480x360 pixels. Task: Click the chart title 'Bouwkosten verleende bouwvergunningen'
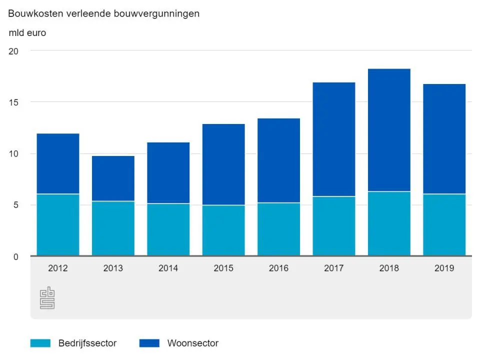point(103,14)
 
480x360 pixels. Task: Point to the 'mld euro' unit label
point(27,33)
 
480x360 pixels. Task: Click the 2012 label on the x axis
point(58,268)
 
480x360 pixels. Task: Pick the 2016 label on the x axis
point(278,268)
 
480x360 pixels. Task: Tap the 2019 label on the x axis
point(444,268)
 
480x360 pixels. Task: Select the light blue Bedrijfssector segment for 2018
point(389,223)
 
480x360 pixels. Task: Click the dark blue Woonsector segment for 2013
point(113,178)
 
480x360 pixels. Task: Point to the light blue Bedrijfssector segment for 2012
point(58,225)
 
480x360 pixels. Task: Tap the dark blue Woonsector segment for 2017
point(333,139)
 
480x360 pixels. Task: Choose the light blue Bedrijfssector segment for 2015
point(223,230)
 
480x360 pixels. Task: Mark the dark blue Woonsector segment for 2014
point(168,173)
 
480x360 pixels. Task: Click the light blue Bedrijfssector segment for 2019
point(444,225)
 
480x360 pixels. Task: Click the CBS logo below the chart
point(47,298)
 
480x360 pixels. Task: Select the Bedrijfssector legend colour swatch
point(40,343)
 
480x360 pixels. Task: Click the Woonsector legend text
point(192,343)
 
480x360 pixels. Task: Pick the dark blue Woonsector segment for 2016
point(278,160)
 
